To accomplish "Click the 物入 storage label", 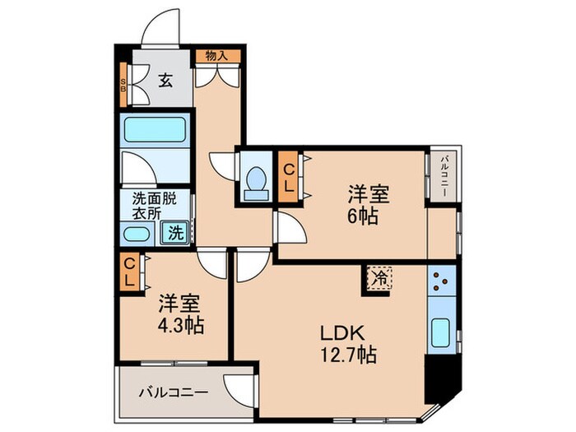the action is point(216,56).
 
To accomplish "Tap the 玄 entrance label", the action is point(165,81).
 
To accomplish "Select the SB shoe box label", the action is point(123,85).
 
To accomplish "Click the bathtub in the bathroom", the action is point(155,130).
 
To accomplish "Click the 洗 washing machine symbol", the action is point(175,233).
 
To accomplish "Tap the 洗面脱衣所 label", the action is point(155,206).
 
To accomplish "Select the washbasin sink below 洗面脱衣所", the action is point(137,234).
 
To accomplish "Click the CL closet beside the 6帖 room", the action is point(290,179).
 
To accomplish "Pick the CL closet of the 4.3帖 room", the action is point(129,272).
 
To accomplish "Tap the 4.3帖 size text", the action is point(181,325).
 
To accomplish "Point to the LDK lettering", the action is point(342,333).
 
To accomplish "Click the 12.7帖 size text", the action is point(348,355).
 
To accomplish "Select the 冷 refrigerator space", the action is point(380,278).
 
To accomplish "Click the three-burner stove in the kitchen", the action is point(442,281).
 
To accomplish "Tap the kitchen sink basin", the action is point(441,332).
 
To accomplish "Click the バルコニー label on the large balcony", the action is point(174,393).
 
